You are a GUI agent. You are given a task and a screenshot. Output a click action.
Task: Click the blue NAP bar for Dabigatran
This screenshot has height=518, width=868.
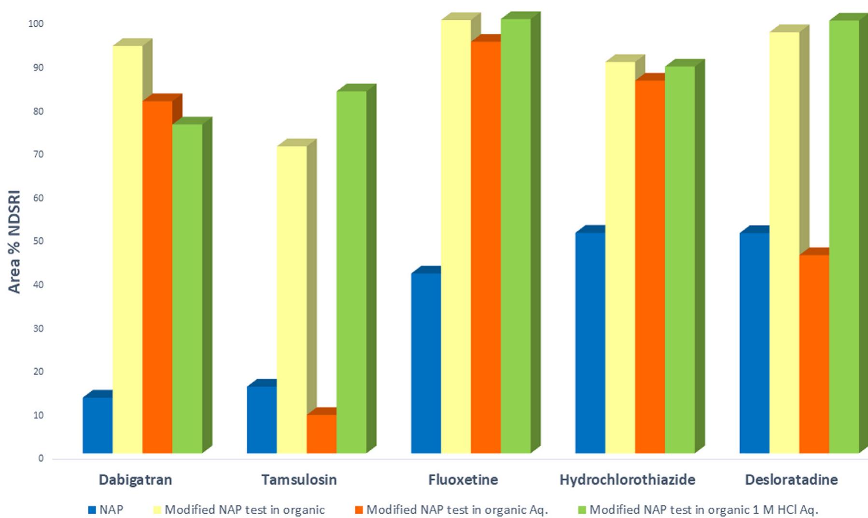(x=98, y=425)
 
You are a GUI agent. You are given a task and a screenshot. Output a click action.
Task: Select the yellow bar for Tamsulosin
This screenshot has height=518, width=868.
(x=292, y=299)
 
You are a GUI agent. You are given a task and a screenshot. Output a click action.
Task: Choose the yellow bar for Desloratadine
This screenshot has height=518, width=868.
(x=784, y=241)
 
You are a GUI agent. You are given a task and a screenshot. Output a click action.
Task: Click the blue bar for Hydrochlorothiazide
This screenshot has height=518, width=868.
(x=590, y=342)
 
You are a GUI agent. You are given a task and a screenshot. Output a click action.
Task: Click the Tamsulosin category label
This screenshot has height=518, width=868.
(x=299, y=480)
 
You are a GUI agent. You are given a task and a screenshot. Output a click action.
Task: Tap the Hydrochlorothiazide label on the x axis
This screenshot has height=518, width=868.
(x=627, y=480)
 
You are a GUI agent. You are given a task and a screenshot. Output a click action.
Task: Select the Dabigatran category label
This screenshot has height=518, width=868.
(x=135, y=480)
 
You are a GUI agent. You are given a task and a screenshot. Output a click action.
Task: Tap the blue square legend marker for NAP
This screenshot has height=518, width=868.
(x=92, y=510)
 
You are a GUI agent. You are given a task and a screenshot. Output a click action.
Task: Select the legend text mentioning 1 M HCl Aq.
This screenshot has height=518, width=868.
(x=704, y=510)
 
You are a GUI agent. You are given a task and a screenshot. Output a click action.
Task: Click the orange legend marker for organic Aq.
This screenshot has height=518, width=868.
(x=359, y=510)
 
